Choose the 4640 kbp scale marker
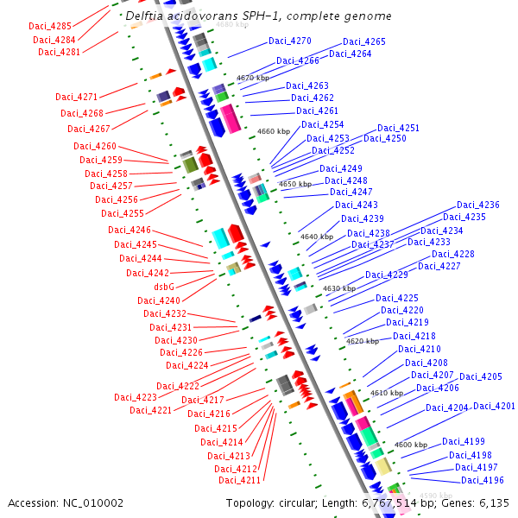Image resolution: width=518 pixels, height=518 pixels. pos(316,237)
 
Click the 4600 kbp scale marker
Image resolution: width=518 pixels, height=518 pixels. pos(410,445)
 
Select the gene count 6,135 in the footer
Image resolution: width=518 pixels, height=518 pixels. pos(494,502)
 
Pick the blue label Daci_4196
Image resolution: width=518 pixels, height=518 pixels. pos(482,481)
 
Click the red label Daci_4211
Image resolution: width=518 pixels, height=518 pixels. pos(239,480)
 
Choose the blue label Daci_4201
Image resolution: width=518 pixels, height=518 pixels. pos(494,407)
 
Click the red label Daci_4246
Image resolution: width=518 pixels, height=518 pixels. pos(129,230)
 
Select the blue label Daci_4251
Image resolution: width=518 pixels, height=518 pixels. pos(398,129)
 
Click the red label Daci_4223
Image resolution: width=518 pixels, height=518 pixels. pos(136,397)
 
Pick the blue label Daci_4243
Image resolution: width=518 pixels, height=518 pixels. pos(357,205)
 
